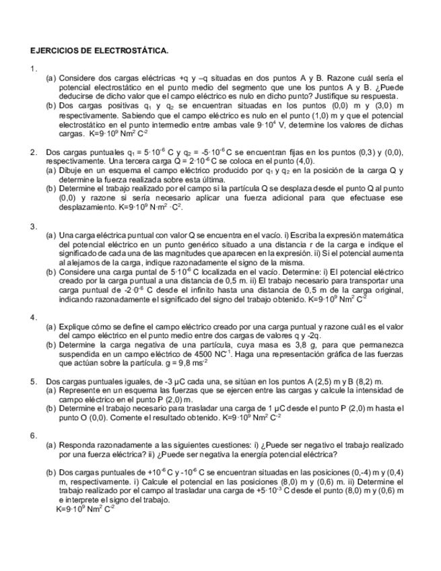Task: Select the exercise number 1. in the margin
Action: pos(34,69)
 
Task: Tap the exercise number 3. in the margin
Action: pos(34,226)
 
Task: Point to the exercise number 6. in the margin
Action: pos(34,436)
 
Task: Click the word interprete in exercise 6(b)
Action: pos(81,500)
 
